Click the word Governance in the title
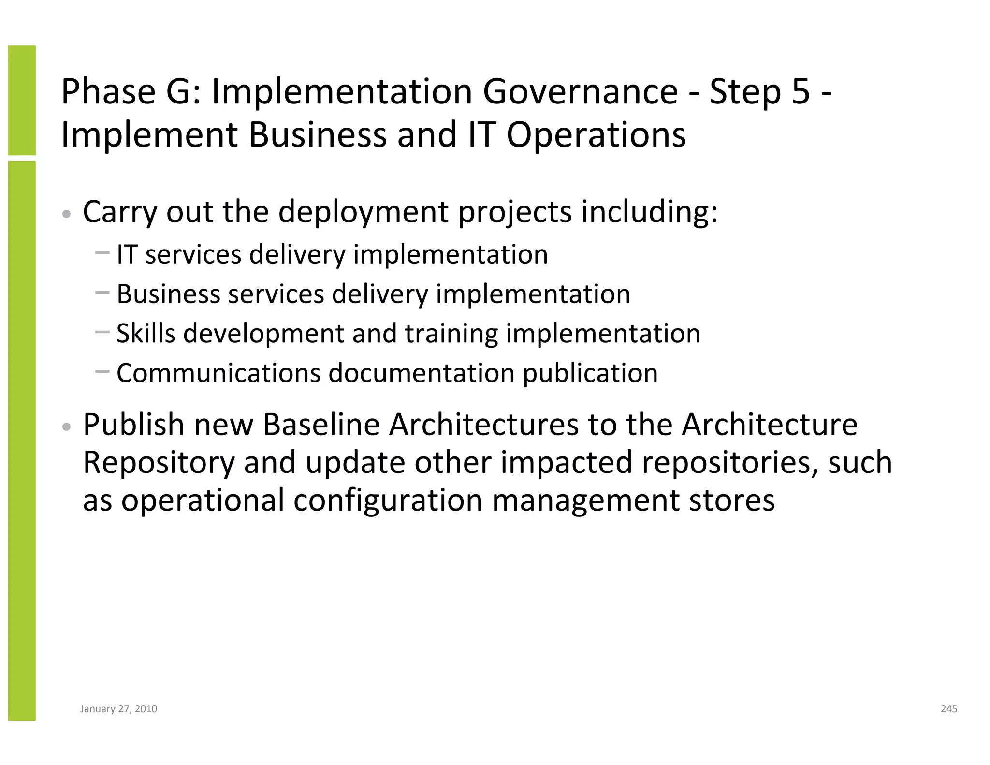pos(580,92)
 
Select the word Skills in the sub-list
pos(146,333)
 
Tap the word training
pos(451,333)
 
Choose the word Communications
pos(218,373)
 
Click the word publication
pos(590,373)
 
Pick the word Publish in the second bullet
pos(134,425)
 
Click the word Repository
pos(159,462)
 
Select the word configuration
pos(388,500)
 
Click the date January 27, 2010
pos(118,709)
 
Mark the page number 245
pos(949,709)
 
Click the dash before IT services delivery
pos(102,252)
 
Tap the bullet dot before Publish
pos(67,427)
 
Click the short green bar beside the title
pos(22,100)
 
